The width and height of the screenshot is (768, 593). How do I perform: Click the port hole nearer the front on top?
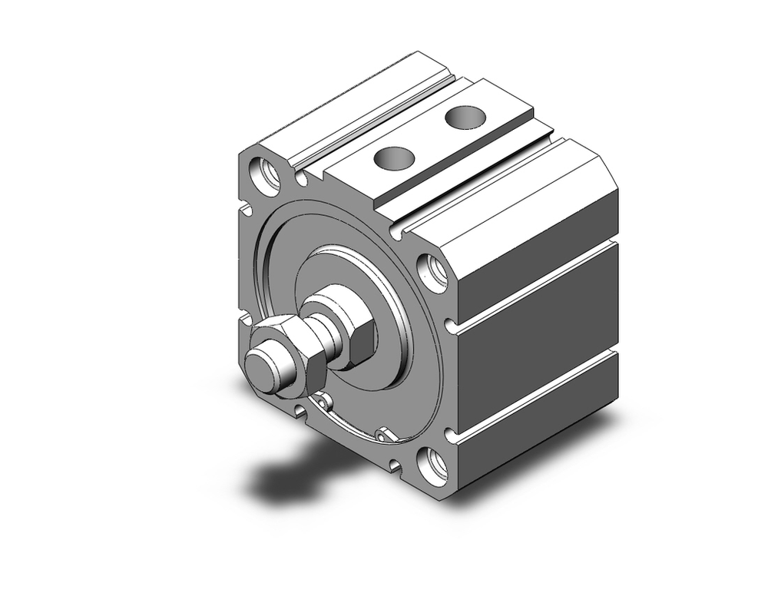point(395,158)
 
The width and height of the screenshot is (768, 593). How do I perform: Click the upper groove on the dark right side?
point(538,286)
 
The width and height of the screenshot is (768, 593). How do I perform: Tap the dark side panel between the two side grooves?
point(538,338)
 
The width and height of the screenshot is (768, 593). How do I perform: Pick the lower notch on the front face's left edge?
point(243,317)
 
